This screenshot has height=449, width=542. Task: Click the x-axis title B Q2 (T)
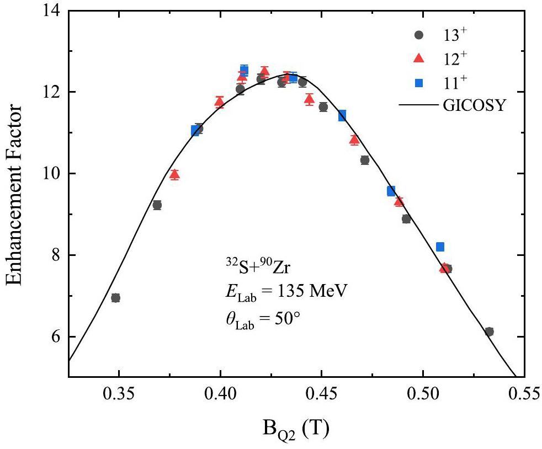297,426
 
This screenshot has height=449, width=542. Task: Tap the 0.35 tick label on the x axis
119,395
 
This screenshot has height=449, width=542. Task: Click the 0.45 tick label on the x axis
322,395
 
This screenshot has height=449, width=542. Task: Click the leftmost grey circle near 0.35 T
115,298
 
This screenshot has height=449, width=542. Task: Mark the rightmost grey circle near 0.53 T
489,332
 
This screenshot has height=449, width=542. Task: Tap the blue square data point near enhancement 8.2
440,247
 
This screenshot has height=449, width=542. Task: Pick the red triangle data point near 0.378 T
175,175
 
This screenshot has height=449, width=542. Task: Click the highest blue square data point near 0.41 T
244,70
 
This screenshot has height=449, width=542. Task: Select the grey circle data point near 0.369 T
157,205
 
